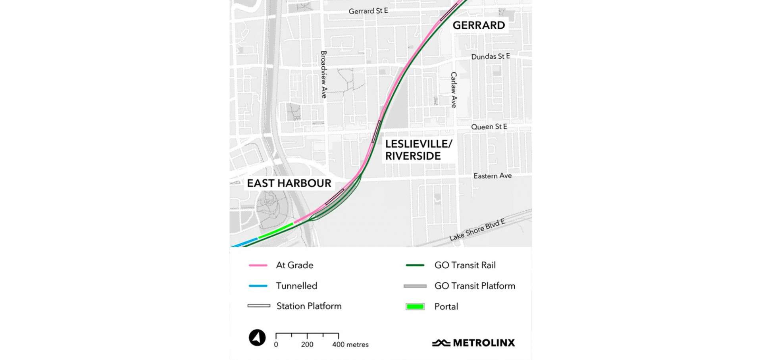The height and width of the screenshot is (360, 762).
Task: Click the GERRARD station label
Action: click(x=479, y=25)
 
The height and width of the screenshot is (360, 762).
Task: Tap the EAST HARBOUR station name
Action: click(x=289, y=183)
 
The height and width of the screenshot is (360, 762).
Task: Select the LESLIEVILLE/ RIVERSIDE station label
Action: click(x=418, y=150)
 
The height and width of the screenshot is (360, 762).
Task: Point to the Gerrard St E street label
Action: click(x=368, y=11)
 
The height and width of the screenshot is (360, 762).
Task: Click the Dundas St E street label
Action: click(x=491, y=56)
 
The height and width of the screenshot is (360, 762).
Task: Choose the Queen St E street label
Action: click(x=489, y=127)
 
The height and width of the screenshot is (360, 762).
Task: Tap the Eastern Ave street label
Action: click(x=493, y=176)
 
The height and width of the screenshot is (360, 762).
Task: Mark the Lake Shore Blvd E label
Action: click(x=477, y=230)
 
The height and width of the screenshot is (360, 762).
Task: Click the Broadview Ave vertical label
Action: click(x=324, y=74)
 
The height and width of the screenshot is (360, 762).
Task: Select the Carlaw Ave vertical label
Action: click(x=454, y=90)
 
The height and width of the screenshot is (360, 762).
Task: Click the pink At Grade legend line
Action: click(x=258, y=265)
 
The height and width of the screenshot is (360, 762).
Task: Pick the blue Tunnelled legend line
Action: click(x=258, y=286)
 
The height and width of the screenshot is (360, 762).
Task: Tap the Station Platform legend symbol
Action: click(x=259, y=306)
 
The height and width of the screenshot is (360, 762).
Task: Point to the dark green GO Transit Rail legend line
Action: click(x=415, y=265)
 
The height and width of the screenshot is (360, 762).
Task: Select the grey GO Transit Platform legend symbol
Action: click(x=415, y=286)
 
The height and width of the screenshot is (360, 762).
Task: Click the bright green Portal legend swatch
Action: click(x=415, y=306)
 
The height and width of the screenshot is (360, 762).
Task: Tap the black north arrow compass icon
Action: click(x=257, y=338)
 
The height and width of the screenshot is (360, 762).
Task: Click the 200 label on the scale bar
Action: click(x=307, y=345)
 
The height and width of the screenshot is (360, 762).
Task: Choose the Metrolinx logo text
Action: click(x=483, y=343)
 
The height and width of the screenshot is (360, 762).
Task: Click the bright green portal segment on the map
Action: click(x=276, y=231)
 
